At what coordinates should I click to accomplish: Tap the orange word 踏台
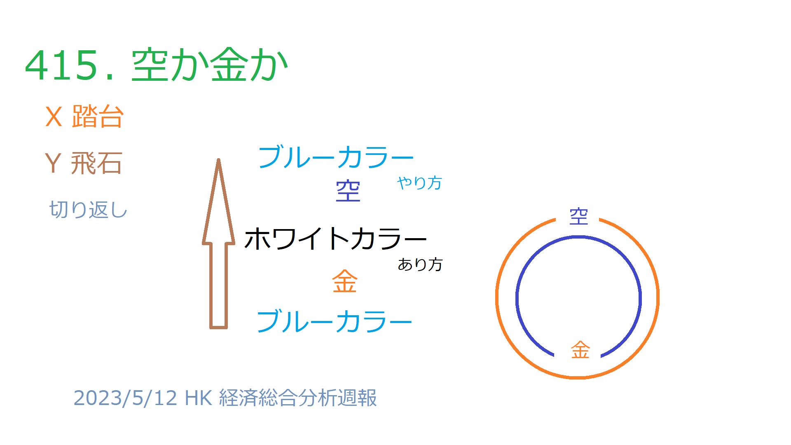pos(98,116)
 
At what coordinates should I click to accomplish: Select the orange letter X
pos(54,117)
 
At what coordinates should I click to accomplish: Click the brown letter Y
pos(53,163)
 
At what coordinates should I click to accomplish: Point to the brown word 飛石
pos(96,163)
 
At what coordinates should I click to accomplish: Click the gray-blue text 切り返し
pos(88,209)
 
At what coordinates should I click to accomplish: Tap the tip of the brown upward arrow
pos(218,159)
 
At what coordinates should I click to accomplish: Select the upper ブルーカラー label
pos(336,157)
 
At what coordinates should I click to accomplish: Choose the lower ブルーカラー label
pos(334,321)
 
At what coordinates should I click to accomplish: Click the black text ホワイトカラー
pos(335,239)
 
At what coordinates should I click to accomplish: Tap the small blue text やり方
pos(419,183)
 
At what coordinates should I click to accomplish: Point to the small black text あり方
pos(420,265)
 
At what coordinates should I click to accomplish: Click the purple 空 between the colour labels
pos(348,191)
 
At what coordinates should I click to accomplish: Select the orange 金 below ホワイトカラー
pos(345,281)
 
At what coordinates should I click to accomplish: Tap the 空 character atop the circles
pos(578,216)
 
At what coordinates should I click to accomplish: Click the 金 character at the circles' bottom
pos(580,350)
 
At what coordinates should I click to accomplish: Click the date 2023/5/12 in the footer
pos(125,398)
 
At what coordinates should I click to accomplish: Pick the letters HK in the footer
pos(198,398)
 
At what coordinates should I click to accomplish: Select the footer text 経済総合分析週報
pos(298,398)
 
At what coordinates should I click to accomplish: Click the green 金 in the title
pos(229,65)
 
